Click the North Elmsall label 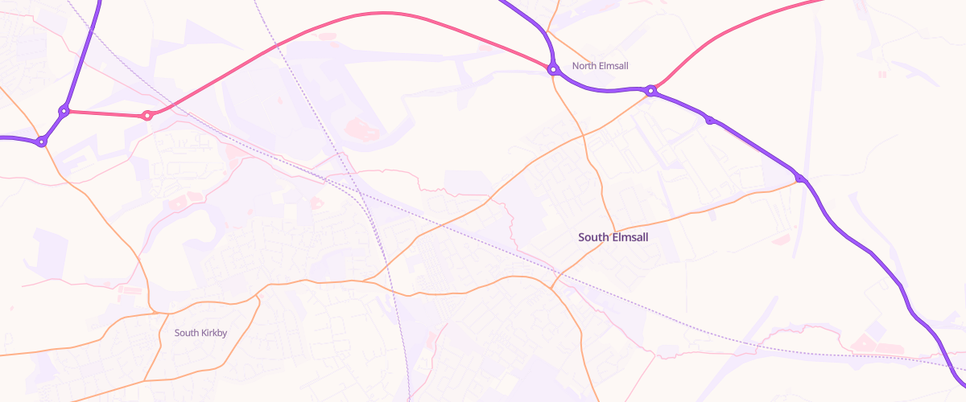(x=600, y=66)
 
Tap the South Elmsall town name (x=613, y=237)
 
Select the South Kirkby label (x=200, y=333)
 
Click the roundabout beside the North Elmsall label (x=553, y=70)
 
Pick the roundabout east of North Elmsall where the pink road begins (x=651, y=91)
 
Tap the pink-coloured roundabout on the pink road (x=147, y=116)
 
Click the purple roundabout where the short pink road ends (x=64, y=111)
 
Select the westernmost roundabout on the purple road (x=42, y=142)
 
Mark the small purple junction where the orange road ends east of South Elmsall (x=799, y=178)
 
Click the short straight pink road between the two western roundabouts (x=105, y=113)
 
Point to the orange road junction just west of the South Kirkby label (x=152, y=312)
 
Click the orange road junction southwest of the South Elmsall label (x=552, y=287)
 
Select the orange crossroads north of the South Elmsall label (x=585, y=135)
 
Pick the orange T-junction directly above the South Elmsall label (x=616, y=228)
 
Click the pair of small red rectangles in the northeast (x=882, y=74)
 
